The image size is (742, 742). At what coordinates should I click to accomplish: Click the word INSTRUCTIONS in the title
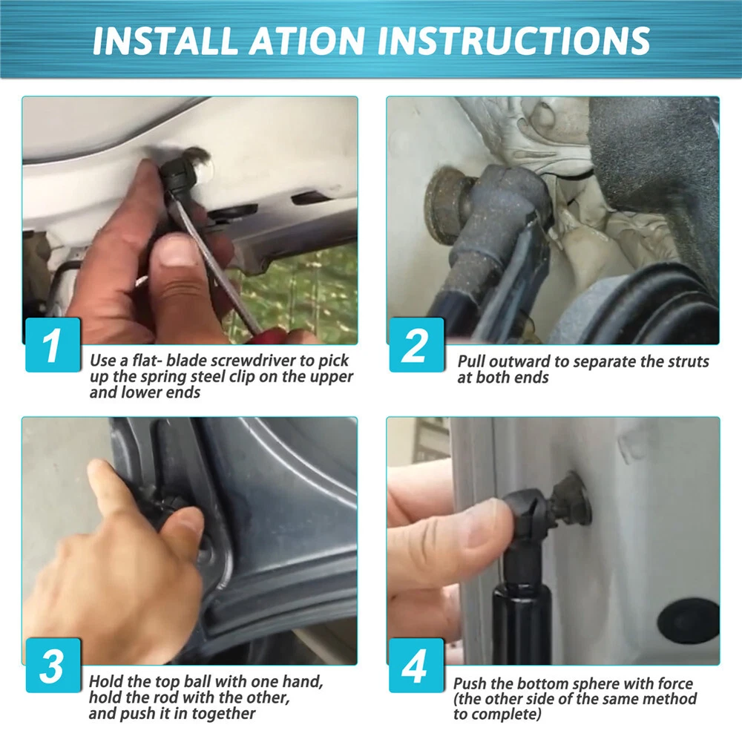click(x=513, y=40)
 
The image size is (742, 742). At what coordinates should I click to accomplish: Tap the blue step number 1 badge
click(x=53, y=344)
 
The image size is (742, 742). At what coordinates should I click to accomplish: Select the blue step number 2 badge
click(x=416, y=344)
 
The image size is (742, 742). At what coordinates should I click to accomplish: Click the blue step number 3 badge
click(x=53, y=666)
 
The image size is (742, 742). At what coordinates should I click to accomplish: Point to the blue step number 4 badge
click(x=416, y=666)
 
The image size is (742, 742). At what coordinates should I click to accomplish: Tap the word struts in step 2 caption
click(x=688, y=361)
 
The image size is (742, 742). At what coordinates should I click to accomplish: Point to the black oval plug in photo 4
click(x=688, y=621)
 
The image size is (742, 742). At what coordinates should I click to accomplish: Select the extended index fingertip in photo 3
click(x=97, y=470)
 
